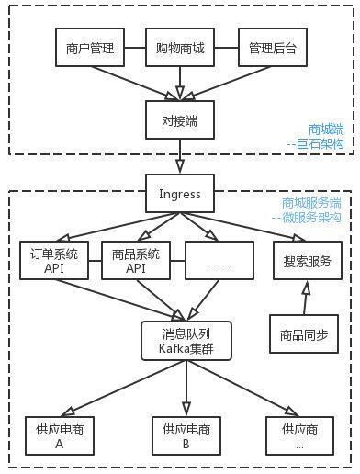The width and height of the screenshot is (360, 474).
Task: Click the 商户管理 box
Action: (x=90, y=48)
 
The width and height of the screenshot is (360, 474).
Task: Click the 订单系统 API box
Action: (x=53, y=261)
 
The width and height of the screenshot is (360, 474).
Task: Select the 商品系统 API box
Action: (x=136, y=261)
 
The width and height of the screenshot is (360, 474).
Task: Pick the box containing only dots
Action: (x=219, y=261)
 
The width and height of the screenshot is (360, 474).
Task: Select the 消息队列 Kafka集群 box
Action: (x=186, y=341)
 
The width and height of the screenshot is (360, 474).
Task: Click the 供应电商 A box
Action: (x=58, y=435)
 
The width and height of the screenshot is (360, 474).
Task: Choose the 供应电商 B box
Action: (x=186, y=435)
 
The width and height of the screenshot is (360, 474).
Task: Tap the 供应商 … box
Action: (x=299, y=435)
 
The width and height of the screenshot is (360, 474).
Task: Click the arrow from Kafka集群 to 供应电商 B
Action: (x=186, y=387)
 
